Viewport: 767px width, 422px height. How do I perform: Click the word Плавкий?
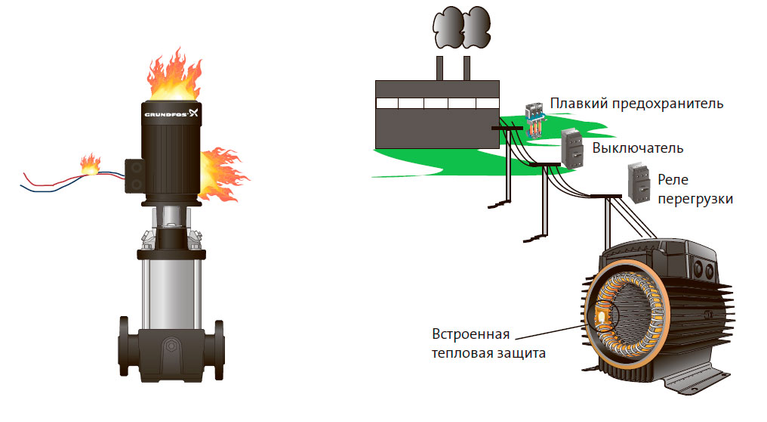click(575, 103)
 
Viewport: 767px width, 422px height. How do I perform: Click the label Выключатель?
click(638, 147)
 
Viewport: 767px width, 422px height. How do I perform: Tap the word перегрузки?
click(695, 199)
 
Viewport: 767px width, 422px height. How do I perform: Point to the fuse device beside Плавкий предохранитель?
click(534, 118)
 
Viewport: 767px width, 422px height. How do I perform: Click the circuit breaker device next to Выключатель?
click(573, 147)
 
